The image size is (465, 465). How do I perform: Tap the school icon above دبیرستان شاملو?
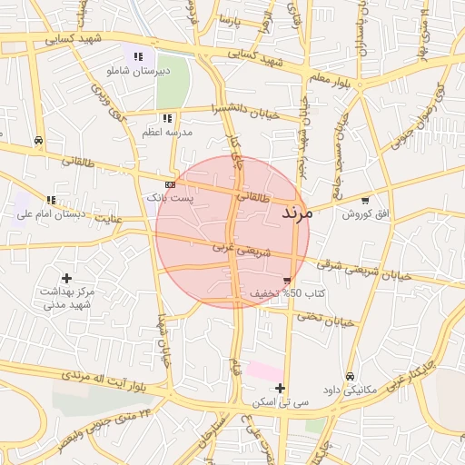pyautogui.click(x=138, y=57)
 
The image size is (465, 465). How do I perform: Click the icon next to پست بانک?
pyautogui.click(x=171, y=184)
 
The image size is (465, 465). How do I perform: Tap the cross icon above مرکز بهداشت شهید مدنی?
pyautogui.click(x=66, y=277)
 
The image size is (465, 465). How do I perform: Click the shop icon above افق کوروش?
pyautogui.click(x=365, y=201)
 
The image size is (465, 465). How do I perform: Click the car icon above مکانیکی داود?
pyautogui.click(x=350, y=376)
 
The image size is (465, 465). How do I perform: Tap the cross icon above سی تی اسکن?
pyautogui.click(x=281, y=388)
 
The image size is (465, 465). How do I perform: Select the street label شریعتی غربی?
pyautogui.click(x=242, y=248)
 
